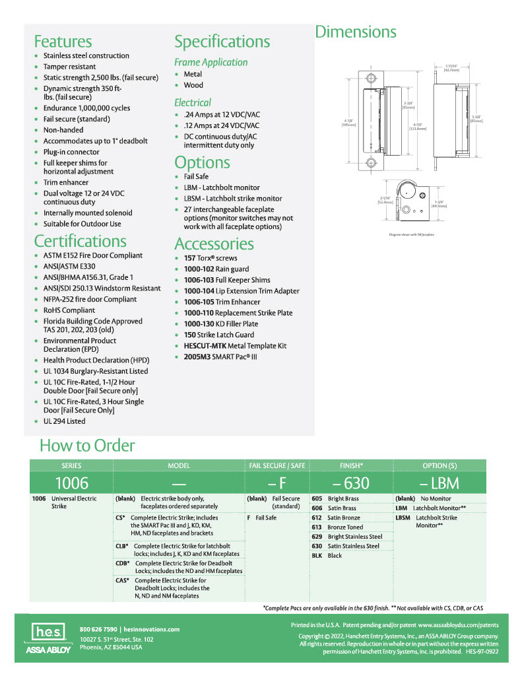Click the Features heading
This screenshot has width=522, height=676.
pyautogui.click(x=63, y=42)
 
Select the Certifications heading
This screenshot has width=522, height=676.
pyautogui.click(x=80, y=241)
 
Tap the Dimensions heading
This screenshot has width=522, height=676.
pyautogui.click(x=355, y=32)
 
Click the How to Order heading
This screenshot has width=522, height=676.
pyautogui.click(x=86, y=446)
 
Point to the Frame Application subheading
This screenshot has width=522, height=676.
pyautogui.click(x=211, y=62)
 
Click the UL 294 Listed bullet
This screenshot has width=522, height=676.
pyautogui.click(x=64, y=421)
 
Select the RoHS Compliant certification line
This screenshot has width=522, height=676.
pyautogui.click(x=69, y=310)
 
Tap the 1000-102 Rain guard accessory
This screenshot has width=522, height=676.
pyautogui.click(x=216, y=269)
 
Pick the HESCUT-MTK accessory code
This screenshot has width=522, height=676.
pyautogui.click(x=203, y=346)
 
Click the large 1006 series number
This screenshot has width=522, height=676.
pyautogui.click(x=71, y=483)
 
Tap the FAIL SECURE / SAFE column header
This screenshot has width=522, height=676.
pyautogui.click(x=277, y=465)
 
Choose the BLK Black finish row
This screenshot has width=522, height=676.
pyautogui.click(x=327, y=556)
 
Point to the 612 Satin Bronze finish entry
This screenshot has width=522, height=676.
pyautogui.click(x=335, y=518)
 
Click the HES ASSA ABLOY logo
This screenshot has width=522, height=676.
pyautogui.click(x=48, y=640)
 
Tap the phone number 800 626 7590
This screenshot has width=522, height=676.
pyautogui.click(x=98, y=629)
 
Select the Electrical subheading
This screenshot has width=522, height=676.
pyautogui.click(x=193, y=102)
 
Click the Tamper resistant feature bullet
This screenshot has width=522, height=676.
pyautogui.click(x=69, y=67)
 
